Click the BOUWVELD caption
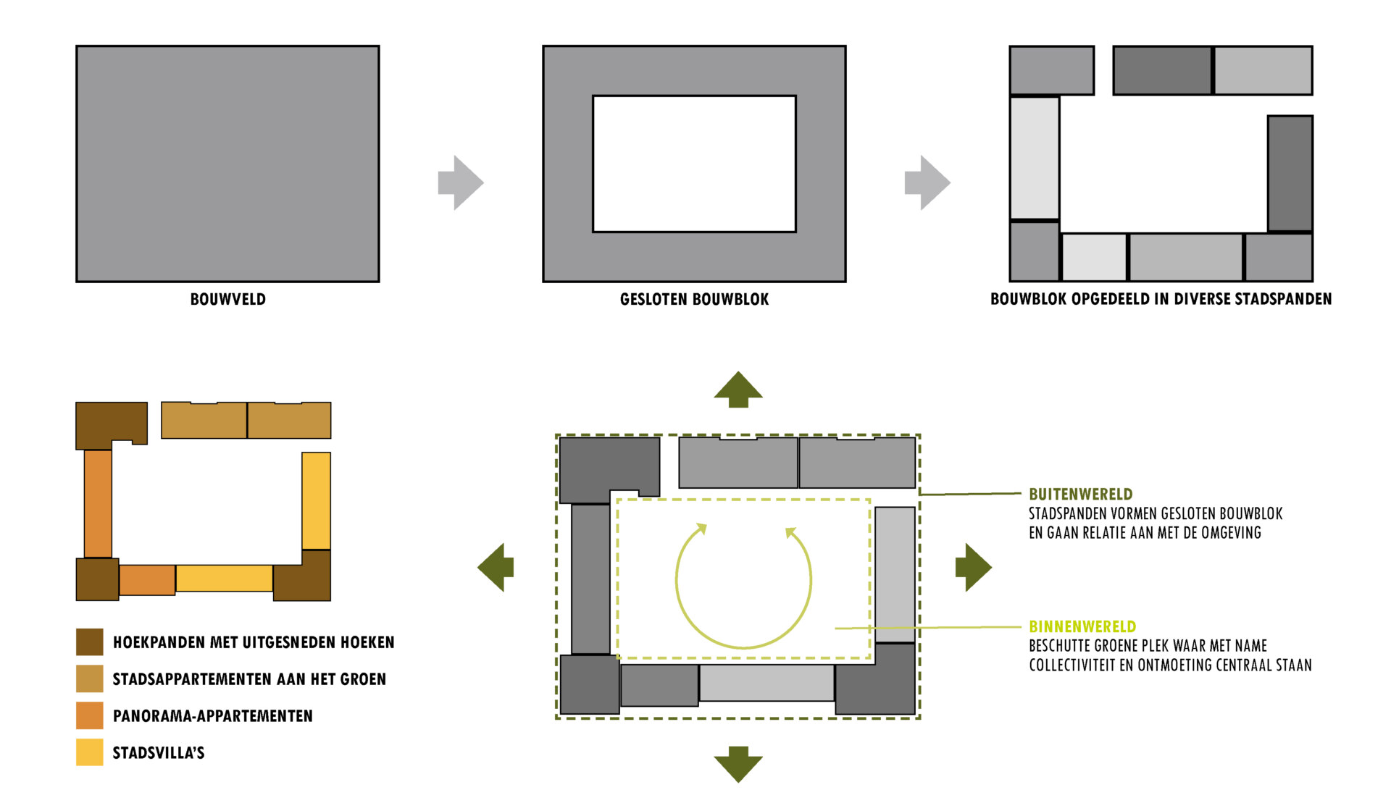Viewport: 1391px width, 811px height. coord(227,299)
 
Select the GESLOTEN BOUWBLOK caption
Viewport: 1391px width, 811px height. coord(694,299)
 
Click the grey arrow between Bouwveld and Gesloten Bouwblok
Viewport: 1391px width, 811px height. coord(460,182)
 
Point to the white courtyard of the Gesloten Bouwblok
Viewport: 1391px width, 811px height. coord(694,164)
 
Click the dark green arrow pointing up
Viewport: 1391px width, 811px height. coord(738,390)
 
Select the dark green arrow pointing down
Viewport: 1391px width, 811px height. coord(738,763)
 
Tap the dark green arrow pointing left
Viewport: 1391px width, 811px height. coord(497,567)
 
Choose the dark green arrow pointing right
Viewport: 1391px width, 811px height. coord(973,567)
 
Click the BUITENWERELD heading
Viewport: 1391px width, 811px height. coord(1080,495)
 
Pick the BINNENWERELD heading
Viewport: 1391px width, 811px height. coord(1082,626)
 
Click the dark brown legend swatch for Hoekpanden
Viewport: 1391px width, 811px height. coord(90,642)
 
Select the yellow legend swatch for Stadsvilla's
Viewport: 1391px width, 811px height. coord(90,752)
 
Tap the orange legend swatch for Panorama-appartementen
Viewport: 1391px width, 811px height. coord(90,715)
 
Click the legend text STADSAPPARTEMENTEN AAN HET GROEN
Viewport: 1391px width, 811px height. coord(249,679)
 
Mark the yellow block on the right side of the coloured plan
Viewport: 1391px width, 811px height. coord(316,500)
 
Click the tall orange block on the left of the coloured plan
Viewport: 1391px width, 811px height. coord(98,504)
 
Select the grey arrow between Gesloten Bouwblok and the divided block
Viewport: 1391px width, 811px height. coord(927,182)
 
